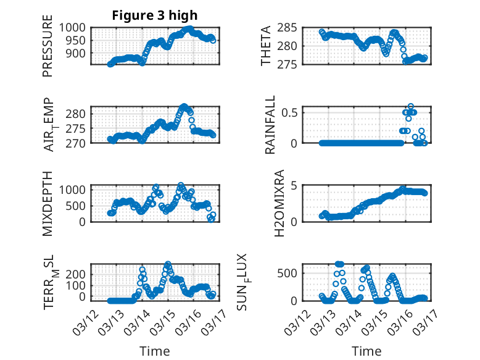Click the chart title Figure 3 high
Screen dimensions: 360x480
154,15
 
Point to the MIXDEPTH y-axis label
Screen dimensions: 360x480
48,203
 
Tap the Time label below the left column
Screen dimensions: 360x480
154,351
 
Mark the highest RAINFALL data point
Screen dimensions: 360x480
411,107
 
